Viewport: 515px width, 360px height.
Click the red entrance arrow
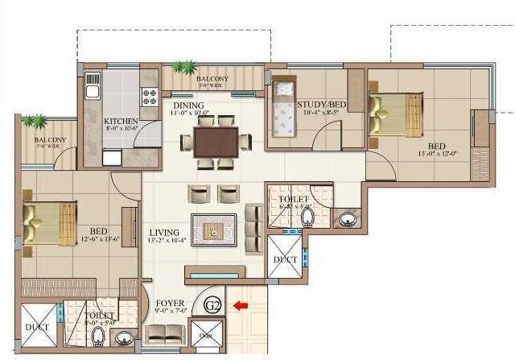coord(238,305)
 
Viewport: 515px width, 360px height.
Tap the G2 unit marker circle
coord(212,305)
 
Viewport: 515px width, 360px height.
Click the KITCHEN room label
coord(122,122)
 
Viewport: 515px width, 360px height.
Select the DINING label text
coord(187,105)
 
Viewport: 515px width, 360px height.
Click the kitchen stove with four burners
coord(150,97)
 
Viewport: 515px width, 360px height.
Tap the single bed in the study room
coord(282,109)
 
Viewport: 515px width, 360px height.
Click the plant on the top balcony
coord(186,67)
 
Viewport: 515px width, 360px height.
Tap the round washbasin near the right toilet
coord(347,218)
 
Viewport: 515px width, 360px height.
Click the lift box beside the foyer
coord(204,333)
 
